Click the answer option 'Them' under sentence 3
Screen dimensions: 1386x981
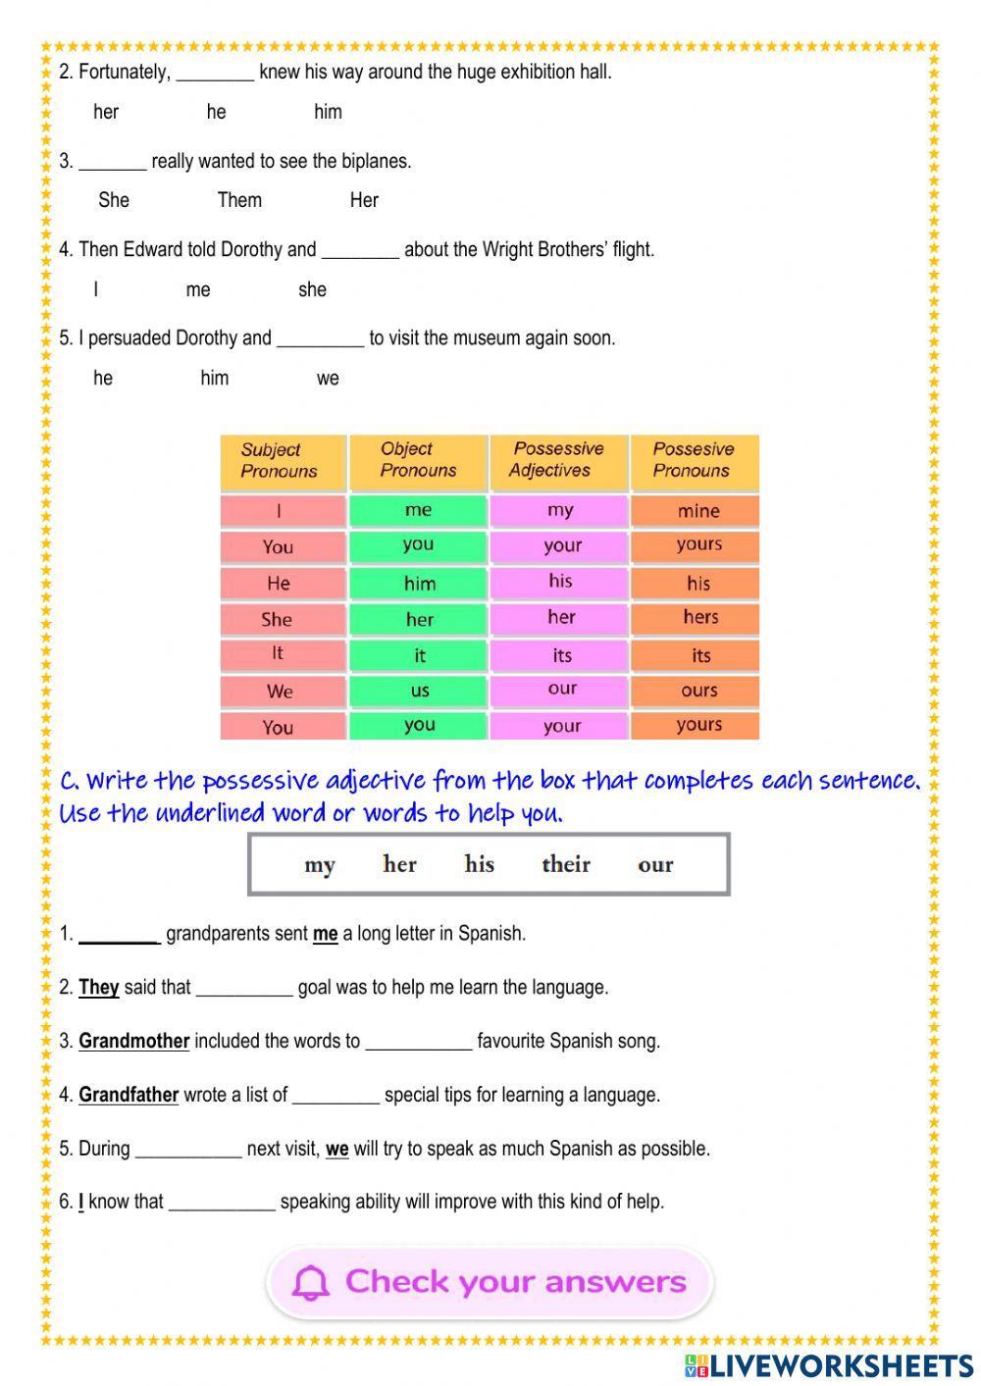click(x=239, y=200)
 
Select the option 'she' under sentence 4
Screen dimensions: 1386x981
click(x=312, y=289)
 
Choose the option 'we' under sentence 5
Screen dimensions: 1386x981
click(x=328, y=379)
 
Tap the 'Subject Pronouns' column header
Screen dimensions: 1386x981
click(x=280, y=460)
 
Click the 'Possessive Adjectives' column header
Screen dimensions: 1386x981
click(x=557, y=459)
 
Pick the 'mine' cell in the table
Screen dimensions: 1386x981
click(x=697, y=510)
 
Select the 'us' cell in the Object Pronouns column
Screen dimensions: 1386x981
click(x=420, y=691)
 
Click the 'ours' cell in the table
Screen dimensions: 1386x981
click(x=698, y=691)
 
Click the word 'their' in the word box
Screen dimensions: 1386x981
click(x=566, y=864)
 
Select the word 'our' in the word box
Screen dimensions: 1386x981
click(x=655, y=864)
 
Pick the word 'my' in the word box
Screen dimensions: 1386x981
click(x=320, y=865)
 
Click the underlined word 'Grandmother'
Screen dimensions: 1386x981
click(x=133, y=1041)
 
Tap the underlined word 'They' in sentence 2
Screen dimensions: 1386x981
click(x=98, y=987)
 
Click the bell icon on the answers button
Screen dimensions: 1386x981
click(x=311, y=1282)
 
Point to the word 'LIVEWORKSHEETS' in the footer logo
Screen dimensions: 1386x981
click(x=841, y=1365)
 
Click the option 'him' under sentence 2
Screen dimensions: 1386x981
click(x=328, y=112)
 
